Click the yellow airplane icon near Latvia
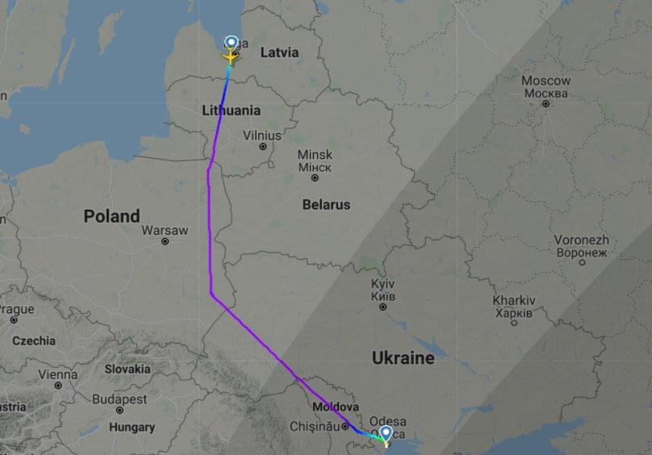pyautogui.click(x=231, y=57)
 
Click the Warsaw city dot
pyautogui.click(x=165, y=241)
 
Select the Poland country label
pyautogui.click(x=111, y=216)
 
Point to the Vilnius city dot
pyautogui.click(x=262, y=146)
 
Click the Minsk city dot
pyautogui.click(x=315, y=177)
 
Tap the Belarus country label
pyautogui.click(x=326, y=205)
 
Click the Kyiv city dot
pyautogui.click(x=382, y=307)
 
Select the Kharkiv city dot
pyautogui.click(x=513, y=323)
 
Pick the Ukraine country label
pyautogui.click(x=403, y=357)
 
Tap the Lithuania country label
pyautogui.click(x=232, y=111)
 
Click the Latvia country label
pyautogui.click(x=279, y=52)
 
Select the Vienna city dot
pyautogui.click(x=58, y=386)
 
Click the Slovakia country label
pyautogui.click(x=127, y=369)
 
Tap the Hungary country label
pyautogui.click(x=132, y=427)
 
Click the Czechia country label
pyautogui.click(x=34, y=340)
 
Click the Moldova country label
pyautogui.click(x=335, y=407)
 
